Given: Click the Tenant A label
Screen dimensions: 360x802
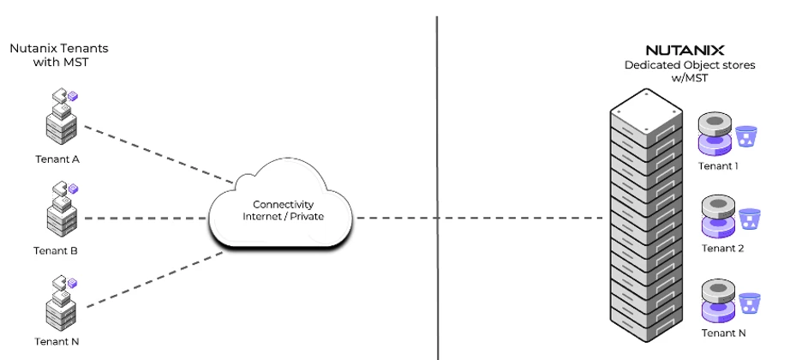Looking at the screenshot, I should click(x=57, y=159).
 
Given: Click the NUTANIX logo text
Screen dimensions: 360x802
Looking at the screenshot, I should click(x=685, y=51).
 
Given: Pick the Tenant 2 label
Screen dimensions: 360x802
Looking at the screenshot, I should click(x=722, y=249).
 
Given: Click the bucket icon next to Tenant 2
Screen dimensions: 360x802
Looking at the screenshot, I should click(x=750, y=219).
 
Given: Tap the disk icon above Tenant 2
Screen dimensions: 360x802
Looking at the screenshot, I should click(x=718, y=218).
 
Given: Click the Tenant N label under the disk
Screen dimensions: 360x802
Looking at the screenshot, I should click(x=722, y=333).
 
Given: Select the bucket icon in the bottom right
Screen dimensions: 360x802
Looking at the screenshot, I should click(x=750, y=303).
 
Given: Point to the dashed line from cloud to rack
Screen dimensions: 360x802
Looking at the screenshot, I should click(x=480, y=218).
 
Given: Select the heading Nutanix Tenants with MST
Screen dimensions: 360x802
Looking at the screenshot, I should click(x=59, y=56).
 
